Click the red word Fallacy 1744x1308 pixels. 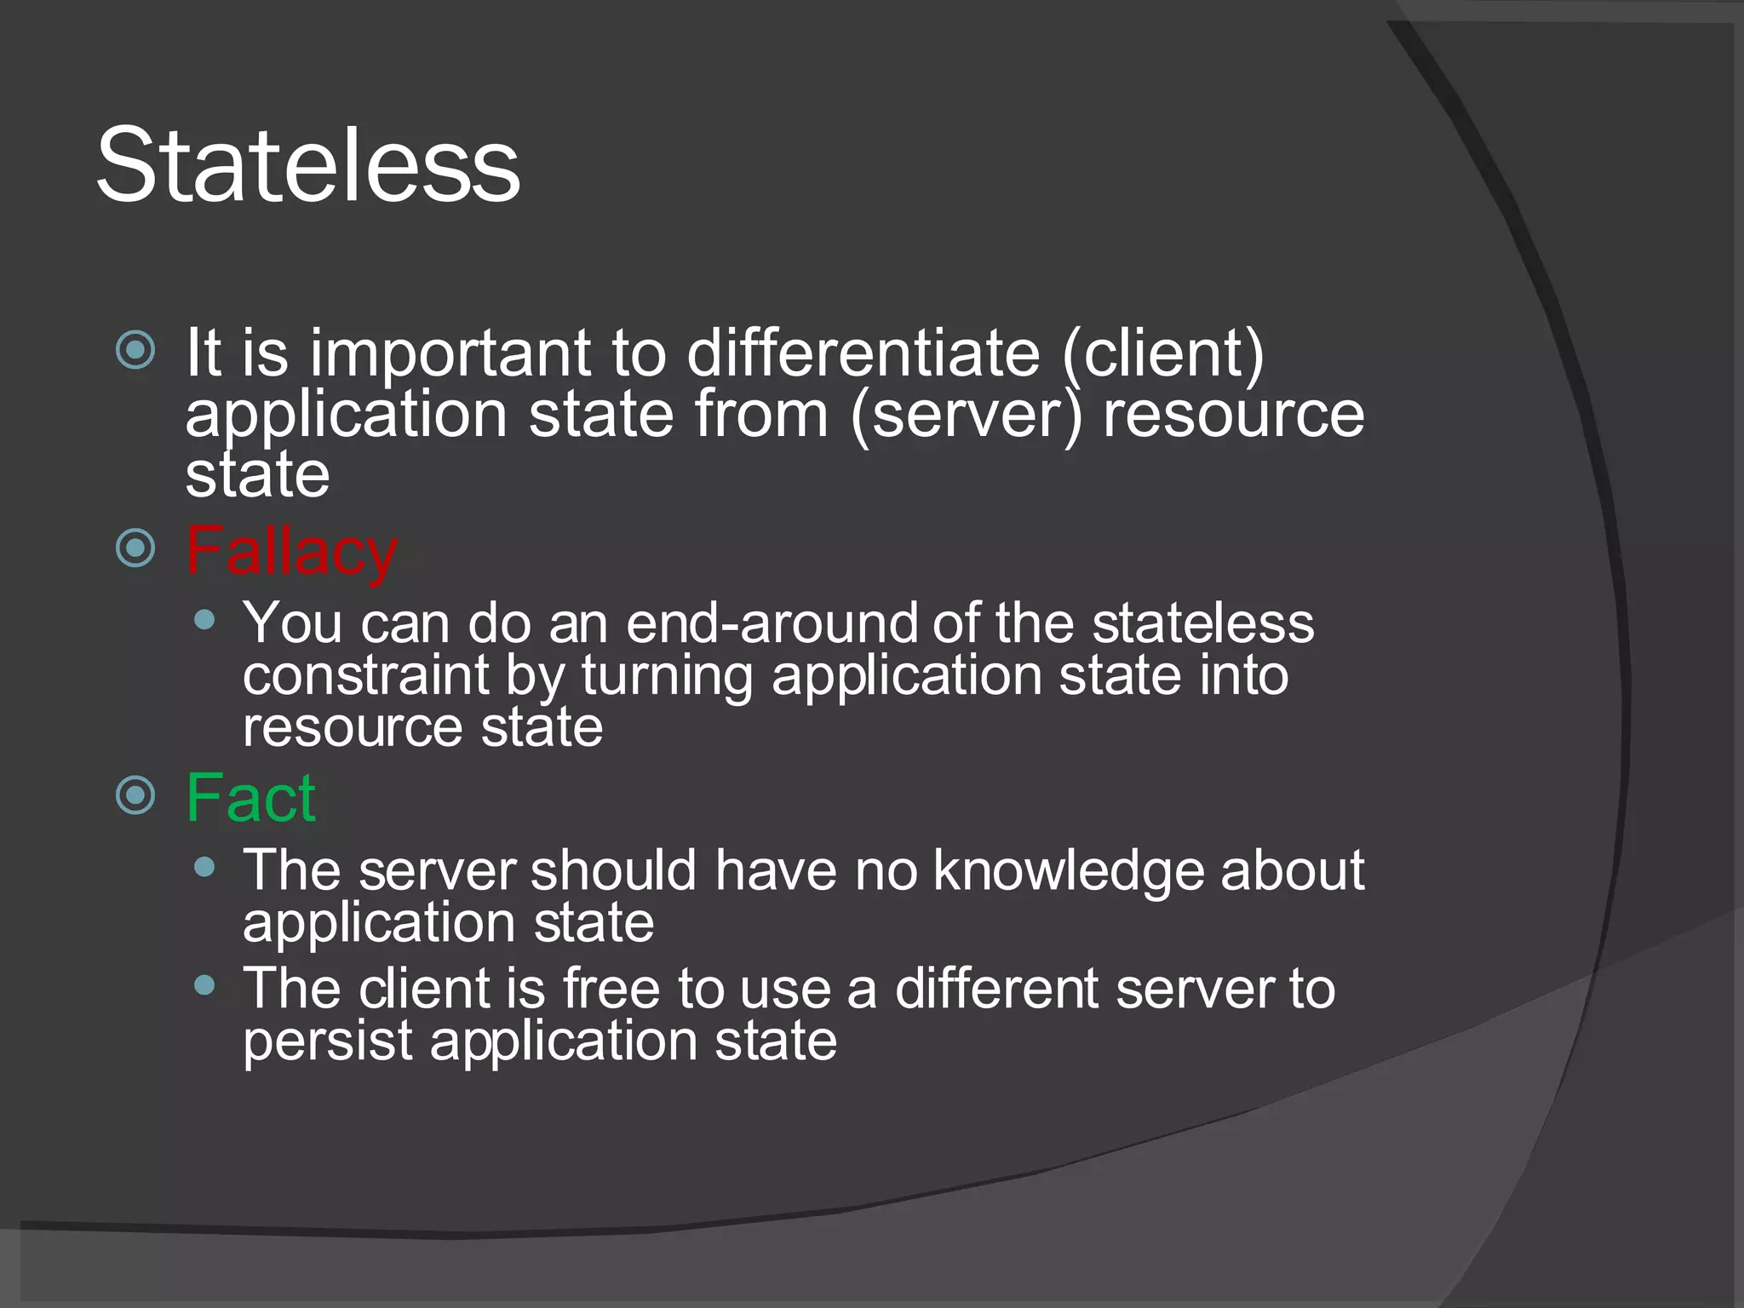click(x=291, y=553)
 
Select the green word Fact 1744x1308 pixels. click(x=251, y=798)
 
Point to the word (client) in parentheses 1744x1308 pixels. click(x=1163, y=354)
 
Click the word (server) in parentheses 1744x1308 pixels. click(x=966, y=416)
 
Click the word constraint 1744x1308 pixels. click(x=365, y=675)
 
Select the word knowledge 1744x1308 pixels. click(x=1068, y=872)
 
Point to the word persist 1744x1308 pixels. click(x=327, y=1041)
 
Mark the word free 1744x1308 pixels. click(x=611, y=989)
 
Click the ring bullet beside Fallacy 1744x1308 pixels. click(x=135, y=548)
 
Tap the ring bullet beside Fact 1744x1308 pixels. click(x=135, y=795)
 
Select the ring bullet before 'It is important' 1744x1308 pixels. click(x=135, y=349)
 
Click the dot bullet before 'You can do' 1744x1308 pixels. click(x=204, y=620)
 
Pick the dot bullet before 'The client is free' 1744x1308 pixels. click(x=204, y=985)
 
